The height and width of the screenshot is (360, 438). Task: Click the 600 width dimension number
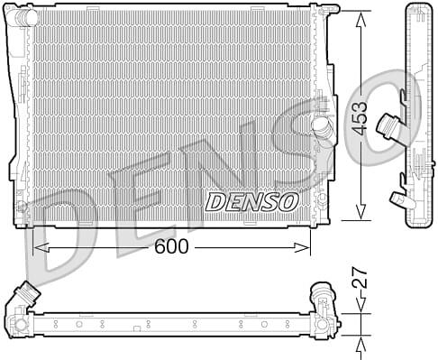coord(171,247)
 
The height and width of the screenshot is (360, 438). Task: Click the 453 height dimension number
coord(360,118)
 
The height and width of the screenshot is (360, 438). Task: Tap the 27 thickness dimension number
coord(360,279)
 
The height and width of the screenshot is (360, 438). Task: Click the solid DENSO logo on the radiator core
coord(251,202)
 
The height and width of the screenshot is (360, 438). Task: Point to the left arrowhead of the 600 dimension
coord(41,247)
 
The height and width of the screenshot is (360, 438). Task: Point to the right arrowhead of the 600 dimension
coord(302,247)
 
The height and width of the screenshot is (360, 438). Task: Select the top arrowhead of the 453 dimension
coord(360,20)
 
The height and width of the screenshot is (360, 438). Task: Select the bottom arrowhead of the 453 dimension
coord(360,212)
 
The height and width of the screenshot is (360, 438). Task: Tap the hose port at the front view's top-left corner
coord(24,16)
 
